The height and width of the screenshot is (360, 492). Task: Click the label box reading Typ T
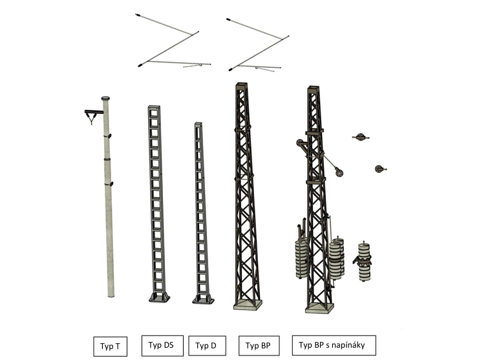point(110,346)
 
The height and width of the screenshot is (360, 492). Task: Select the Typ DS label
point(162,346)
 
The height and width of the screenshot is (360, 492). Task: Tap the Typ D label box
point(207,346)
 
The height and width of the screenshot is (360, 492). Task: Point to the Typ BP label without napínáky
point(259,346)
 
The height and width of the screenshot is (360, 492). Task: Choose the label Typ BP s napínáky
point(334,345)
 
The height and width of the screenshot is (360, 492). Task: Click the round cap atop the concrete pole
point(105,98)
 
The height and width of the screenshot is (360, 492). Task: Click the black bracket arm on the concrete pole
point(94,112)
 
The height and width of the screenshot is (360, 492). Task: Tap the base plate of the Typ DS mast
point(159,297)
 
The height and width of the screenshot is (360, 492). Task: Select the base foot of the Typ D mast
point(203,299)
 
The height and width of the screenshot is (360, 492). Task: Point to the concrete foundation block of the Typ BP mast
point(248,305)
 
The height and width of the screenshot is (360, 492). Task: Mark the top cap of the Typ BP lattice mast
point(241,85)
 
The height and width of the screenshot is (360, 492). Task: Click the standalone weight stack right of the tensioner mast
point(364,262)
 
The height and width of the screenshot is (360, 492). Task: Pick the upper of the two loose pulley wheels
point(360,137)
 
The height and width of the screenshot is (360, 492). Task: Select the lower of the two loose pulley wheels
point(380,169)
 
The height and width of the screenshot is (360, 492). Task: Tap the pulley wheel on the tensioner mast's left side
point(299,143)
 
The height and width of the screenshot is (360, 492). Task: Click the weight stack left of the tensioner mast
point(301,258)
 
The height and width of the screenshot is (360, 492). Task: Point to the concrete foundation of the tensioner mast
point(319,308)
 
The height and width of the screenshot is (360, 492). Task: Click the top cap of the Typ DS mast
point(154,107)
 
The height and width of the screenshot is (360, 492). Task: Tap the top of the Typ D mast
point(198,124)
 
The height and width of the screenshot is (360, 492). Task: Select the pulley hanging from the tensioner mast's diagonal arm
point(338,172)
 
